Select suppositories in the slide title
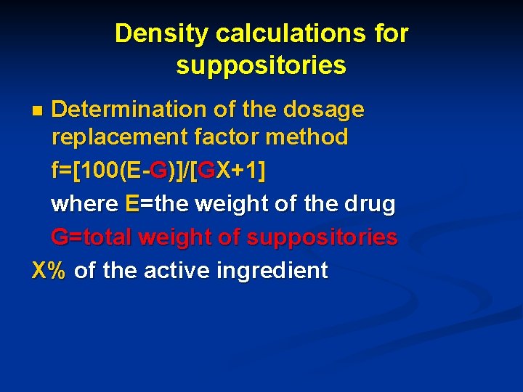click(261, 66)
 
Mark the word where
click(84, 204)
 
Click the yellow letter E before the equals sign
click(131, 204)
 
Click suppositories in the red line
click(323, 237)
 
